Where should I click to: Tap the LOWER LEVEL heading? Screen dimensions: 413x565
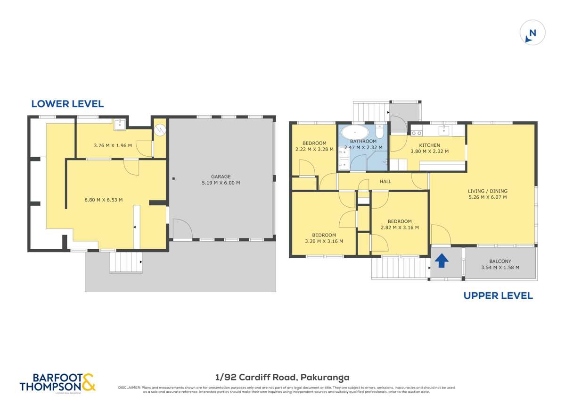coord(67,104)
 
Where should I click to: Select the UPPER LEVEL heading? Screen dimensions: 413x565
coord(498,296)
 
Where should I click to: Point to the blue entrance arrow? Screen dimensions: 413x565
coord(441,261)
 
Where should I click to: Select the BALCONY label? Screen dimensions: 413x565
coord(500,261)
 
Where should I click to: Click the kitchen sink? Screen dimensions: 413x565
coord(444,129)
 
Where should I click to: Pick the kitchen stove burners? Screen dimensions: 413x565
coord(416,133)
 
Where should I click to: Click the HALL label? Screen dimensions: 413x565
coord(385,181)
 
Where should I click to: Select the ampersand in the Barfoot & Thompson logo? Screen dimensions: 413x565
coord(89,381)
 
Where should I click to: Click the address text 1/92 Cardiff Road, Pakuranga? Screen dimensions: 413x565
coord(282,377)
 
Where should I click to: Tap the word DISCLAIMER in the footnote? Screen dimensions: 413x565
coord(129,388)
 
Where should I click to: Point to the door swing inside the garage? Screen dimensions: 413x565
coord(182,229)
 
